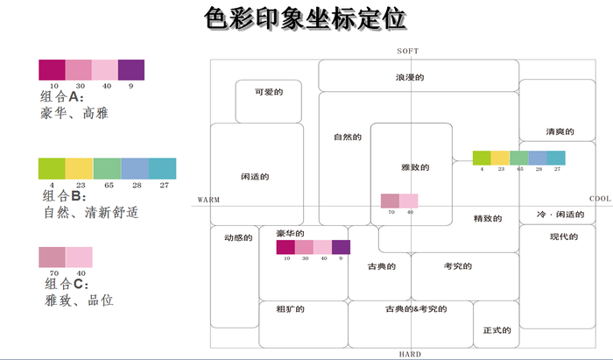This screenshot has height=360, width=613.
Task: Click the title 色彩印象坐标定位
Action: [x=306, y=18]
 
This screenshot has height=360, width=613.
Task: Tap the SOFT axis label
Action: [x=408, y=52]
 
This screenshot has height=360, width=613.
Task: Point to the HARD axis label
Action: [x=409, y=354]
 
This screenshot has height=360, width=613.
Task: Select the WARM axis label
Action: [x=208, y=199]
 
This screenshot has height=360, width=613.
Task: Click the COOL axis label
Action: [x=600, y=199]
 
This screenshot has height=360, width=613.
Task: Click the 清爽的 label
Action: [x=559, y=132]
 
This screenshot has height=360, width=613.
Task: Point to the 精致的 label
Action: [x=487, y=218]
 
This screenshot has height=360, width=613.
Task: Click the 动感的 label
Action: [x=237, y=236]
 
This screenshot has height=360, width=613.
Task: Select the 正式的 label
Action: [x=496, y=331]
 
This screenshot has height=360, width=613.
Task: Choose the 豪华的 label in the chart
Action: [x=290, y=234]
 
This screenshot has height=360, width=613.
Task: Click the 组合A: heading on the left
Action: [x=62, y=97]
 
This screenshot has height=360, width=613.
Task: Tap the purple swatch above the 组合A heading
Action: [x=130, y=69]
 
